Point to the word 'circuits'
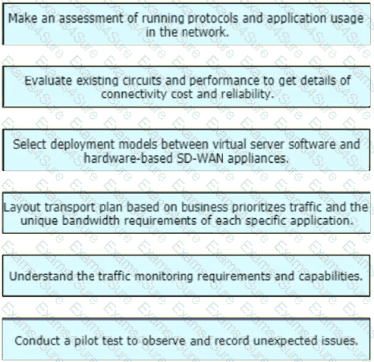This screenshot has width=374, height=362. (x=142, y=81)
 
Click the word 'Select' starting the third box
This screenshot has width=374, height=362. (x=30, y=145)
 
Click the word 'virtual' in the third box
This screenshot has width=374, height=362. (x=230, y=145)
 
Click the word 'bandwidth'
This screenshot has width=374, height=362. (x=91, y=221)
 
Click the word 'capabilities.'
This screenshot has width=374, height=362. (x=331, y=276)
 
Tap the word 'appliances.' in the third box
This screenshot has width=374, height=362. (x=258, y=159)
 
